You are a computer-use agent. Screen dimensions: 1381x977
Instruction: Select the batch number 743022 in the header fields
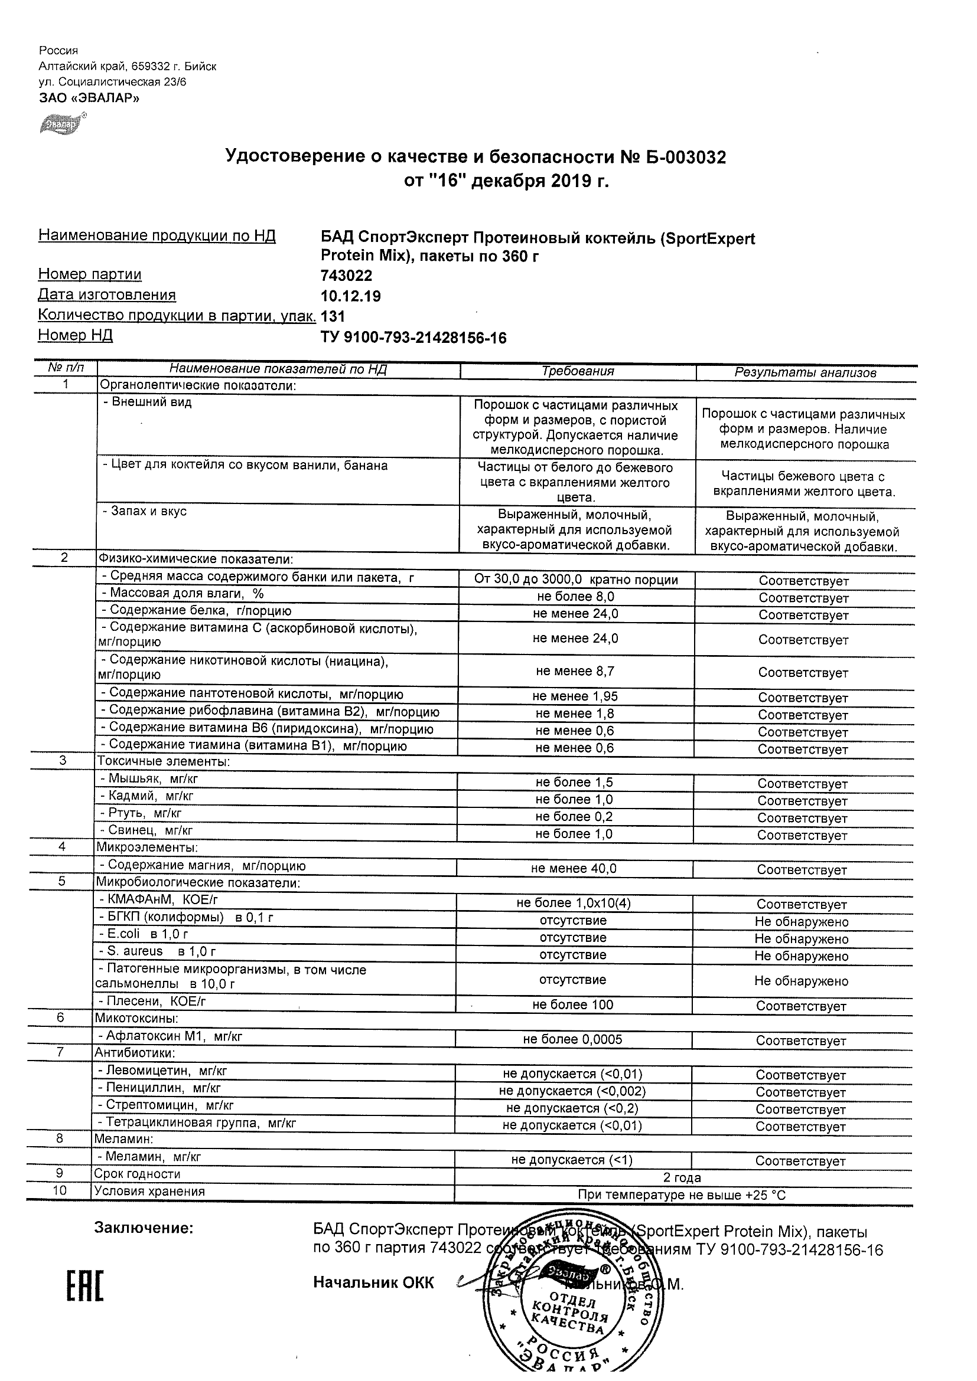(346, 276)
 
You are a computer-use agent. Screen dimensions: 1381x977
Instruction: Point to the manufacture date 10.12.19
(350, 296)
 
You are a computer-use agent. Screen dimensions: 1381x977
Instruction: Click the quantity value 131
(333, 316)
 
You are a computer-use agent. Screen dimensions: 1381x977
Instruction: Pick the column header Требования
(577, 371)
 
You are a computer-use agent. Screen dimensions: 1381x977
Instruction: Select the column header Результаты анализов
(805, 372)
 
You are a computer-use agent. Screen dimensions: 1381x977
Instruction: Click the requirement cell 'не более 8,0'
(575, 597)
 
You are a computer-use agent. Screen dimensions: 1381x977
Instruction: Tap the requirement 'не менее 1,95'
(575, 696)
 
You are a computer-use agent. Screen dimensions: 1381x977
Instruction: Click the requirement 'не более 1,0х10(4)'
(574, 903)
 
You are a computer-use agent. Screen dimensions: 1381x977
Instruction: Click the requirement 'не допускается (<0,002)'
(572, 1091)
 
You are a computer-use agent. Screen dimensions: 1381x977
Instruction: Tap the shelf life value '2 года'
(682, 1178)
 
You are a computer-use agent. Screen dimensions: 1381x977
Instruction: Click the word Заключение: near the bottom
(144, 1228)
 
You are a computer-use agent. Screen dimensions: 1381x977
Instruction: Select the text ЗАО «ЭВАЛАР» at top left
(89, 98)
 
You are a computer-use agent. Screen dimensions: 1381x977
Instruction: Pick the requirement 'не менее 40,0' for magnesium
(574, 869)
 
